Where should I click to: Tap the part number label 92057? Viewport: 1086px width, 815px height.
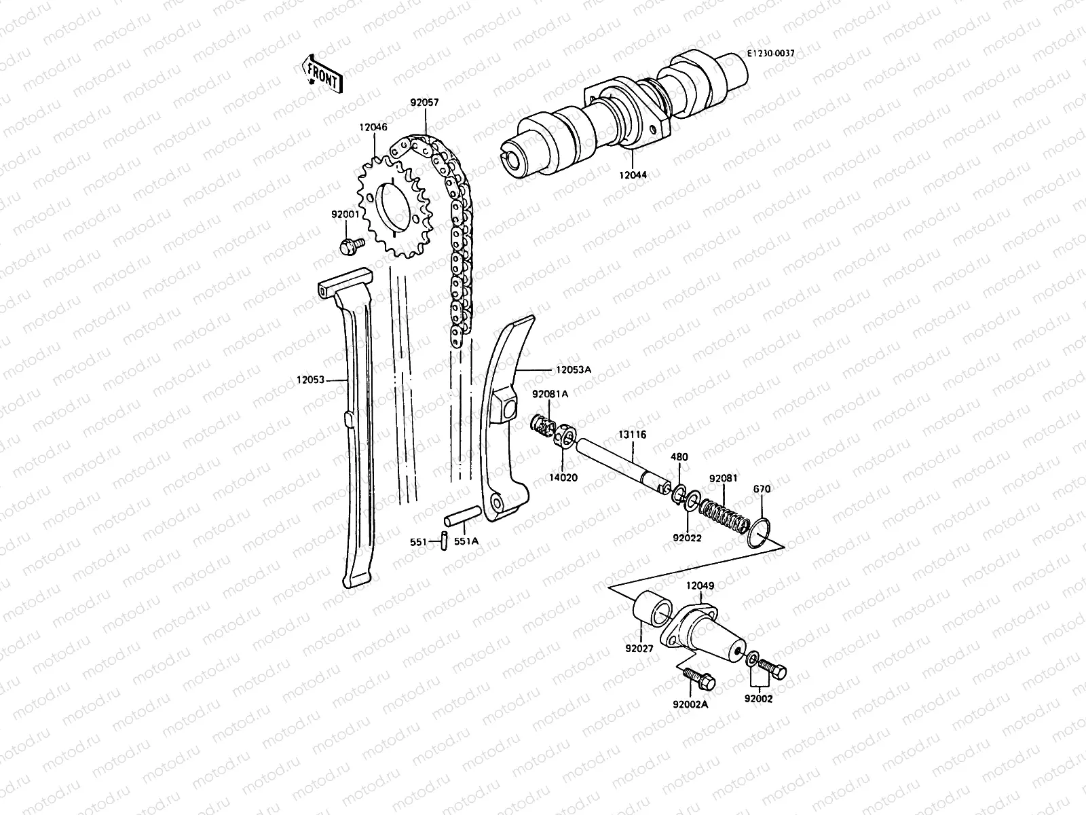pyautogui.click(x=424, y=104)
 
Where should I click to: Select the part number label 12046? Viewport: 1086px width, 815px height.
pyautogui.click(x=374, y=126)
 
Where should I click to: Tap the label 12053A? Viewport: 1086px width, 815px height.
pyautogui.click(x=574, y=369)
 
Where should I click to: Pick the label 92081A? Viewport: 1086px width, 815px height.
pyautogui.click(x=550, y=394)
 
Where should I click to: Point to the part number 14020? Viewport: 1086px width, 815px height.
pyautogui.click(x=563, y=477)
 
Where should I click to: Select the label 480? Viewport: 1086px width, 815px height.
pyautogui.click(x=679, y=457)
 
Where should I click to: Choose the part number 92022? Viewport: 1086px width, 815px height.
pyautogui.click(x=687, y=538)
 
